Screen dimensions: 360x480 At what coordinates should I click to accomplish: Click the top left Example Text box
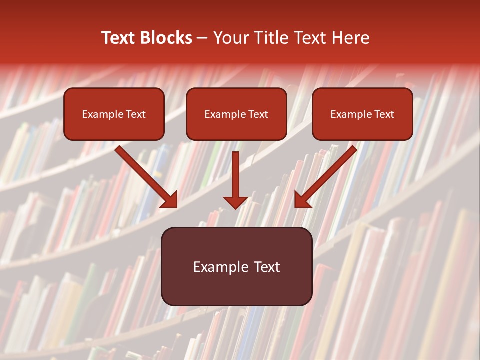click(114, 114)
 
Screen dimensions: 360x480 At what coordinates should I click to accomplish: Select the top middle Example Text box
click(236, 114)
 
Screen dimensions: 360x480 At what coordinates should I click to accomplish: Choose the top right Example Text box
click(362, 114)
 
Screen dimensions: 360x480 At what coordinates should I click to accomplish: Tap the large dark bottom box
click(236, 266)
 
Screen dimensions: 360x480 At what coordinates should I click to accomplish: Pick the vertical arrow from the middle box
click(235, 175)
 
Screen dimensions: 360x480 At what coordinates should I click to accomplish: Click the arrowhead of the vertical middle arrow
click(235, 201)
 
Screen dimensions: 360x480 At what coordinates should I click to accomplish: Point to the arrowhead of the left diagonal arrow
click(169, 199)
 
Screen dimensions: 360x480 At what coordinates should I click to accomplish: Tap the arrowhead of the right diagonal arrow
click(302, 199)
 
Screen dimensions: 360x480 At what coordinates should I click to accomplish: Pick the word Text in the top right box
click(384, 114)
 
